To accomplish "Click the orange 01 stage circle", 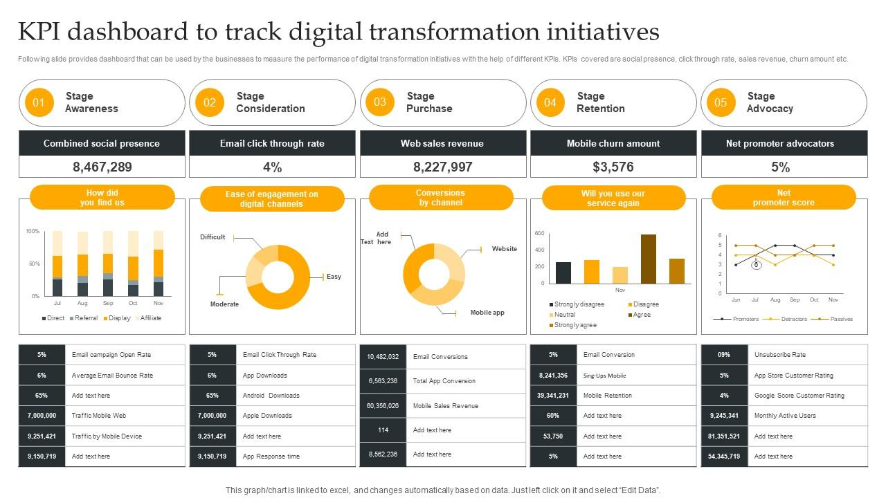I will point(39,103).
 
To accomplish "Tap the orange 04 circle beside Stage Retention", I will point(550,103).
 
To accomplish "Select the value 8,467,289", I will point(102,167).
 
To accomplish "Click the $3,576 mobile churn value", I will point(613,167).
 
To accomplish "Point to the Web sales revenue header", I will point(442,144).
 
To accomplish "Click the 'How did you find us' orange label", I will point(102,198).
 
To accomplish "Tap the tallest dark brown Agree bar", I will point(649,259).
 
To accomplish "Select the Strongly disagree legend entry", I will point(577,304).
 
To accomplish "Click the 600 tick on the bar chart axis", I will point(539,234).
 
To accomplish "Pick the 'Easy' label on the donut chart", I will point(334,277).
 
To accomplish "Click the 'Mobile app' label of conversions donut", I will point(487,313).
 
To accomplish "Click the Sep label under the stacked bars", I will point(108,303).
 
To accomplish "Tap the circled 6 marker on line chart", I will point(757,265).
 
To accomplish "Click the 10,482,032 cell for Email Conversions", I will point(383,357).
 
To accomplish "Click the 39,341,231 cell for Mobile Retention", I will point(553,396).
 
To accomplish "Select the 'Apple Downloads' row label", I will point(267,416).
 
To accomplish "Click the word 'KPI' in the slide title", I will point(43,33).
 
